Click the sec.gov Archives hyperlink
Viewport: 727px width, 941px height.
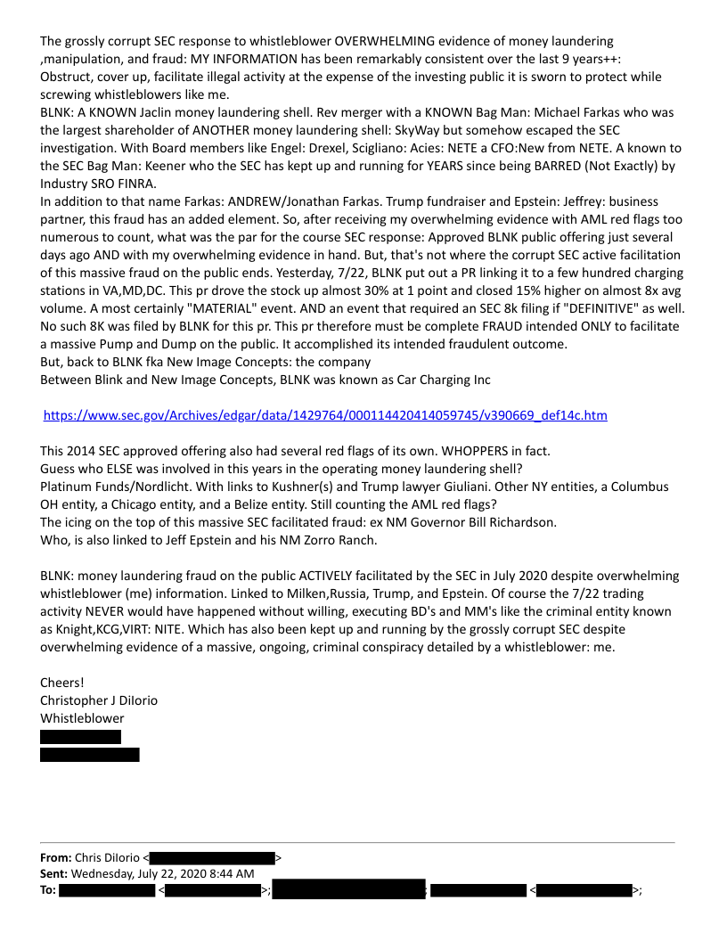(325, 415)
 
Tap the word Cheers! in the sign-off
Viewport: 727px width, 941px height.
(61, 683)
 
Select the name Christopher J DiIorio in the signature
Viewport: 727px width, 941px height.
(99, 700)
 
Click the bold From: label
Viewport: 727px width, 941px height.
(55, 857)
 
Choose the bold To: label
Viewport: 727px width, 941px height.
(48, 890)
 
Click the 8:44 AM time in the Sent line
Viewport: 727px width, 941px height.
(231, 873)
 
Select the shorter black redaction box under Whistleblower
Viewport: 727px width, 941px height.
(80, 737)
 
